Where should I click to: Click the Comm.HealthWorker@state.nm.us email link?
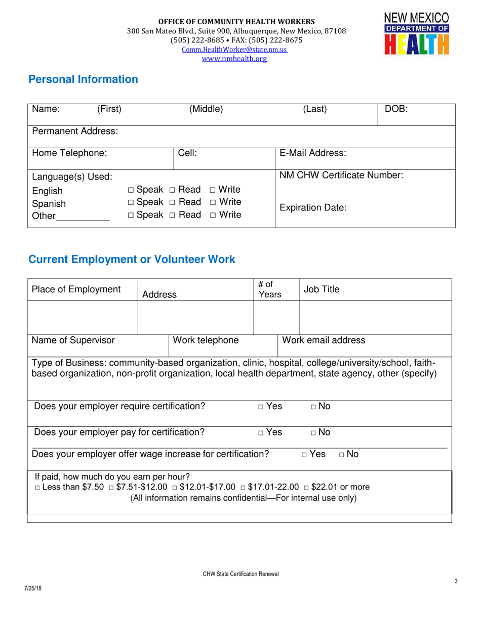[x=235, y=50]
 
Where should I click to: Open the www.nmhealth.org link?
[x=234, y=59]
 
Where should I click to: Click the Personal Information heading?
[x=83, y=79]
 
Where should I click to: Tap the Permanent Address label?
[x=75, y=131]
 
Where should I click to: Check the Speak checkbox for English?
[x=131, y=190]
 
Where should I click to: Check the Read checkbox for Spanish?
[x=172, y=202]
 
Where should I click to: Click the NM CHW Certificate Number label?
[x=341, y=175]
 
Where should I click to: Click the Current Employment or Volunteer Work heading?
[x=132, y=259]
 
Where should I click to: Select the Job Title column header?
[x=322, y=289]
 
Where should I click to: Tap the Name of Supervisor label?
[x=73, y=340]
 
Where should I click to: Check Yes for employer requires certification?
[x=261, y=407]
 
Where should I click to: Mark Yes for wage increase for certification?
[x=304, y=455]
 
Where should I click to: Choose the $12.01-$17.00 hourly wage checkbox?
[x=175, y=487]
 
